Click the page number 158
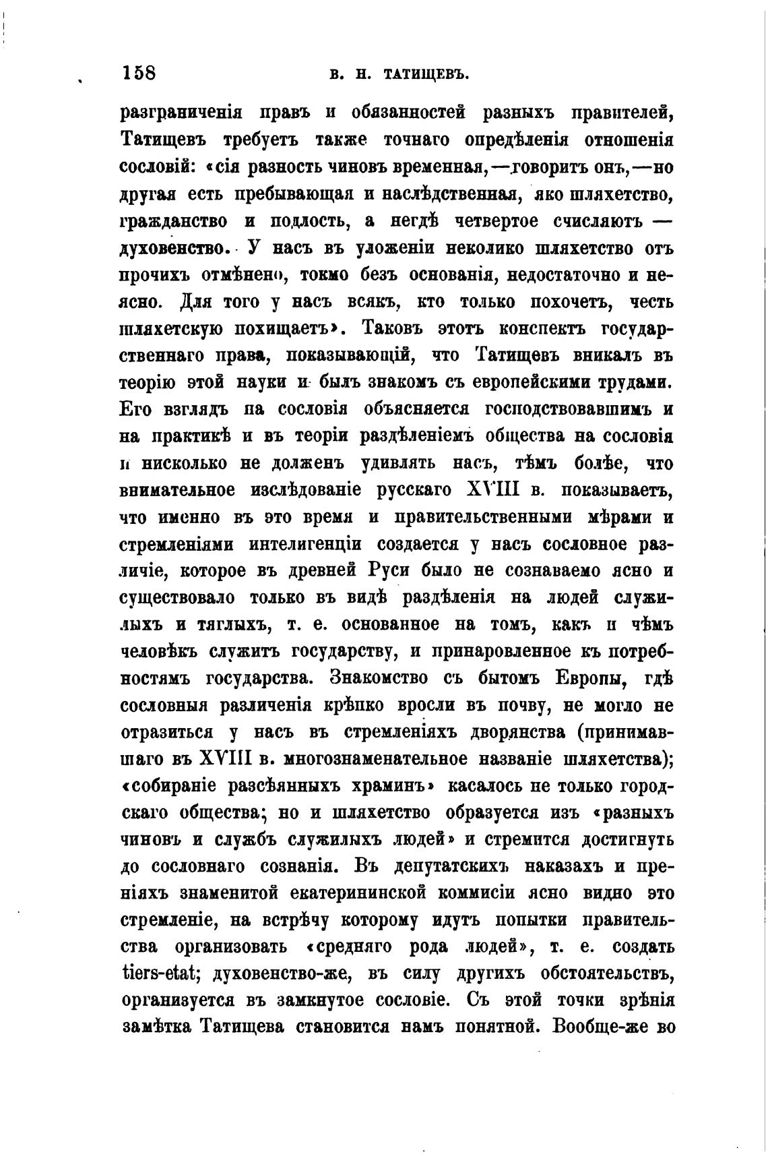pos(139,72)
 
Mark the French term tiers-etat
pos(156,975)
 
